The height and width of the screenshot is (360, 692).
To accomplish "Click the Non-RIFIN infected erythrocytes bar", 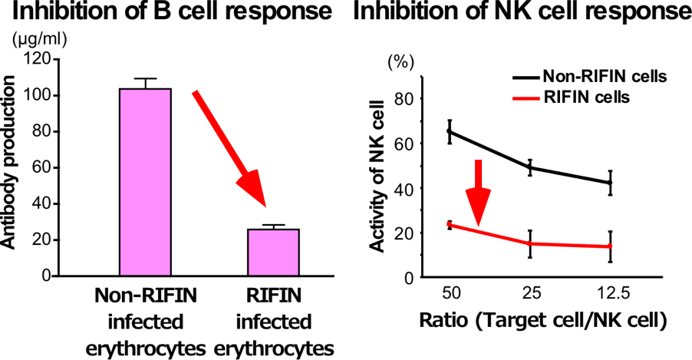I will coord(145,181).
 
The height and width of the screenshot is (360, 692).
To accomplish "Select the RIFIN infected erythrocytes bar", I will coord(274,252).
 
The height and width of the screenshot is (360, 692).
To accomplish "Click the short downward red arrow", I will coord(479,193).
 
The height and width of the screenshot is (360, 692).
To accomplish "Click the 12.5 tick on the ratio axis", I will coord(611,295).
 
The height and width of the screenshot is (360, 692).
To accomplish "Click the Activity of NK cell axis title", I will coord(377,177).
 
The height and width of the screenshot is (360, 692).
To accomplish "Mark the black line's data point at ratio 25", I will coord(530,167).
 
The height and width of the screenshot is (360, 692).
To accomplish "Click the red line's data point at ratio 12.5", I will coord(611,246).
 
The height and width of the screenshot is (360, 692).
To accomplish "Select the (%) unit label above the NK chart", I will coord(400,64).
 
